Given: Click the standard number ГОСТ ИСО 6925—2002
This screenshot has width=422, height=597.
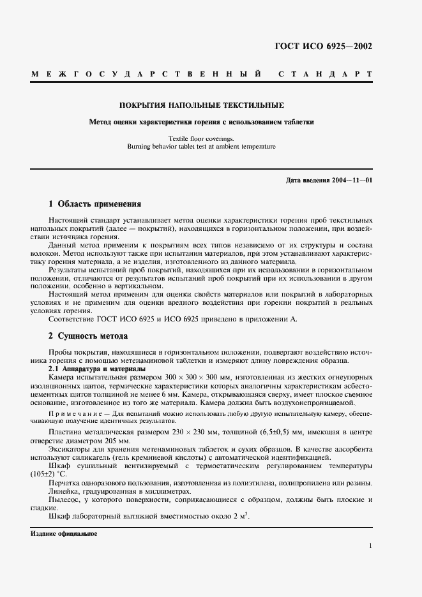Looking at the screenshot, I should point(323,47).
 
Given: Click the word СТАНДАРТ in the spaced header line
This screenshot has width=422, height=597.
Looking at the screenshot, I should point(326,75).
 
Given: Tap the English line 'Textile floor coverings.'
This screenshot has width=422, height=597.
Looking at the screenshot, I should point(202,138).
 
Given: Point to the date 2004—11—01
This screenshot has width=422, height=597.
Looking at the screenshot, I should point(351,181).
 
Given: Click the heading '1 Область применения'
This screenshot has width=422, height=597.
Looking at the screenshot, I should point(94,204).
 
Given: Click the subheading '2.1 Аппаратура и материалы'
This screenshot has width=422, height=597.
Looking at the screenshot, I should point(97,369).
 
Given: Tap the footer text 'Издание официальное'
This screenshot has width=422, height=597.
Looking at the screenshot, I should point(64,533).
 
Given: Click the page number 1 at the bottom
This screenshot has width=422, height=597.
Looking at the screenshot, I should point(370,546).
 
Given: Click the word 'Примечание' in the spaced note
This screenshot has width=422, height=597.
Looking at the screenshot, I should point(72,414).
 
